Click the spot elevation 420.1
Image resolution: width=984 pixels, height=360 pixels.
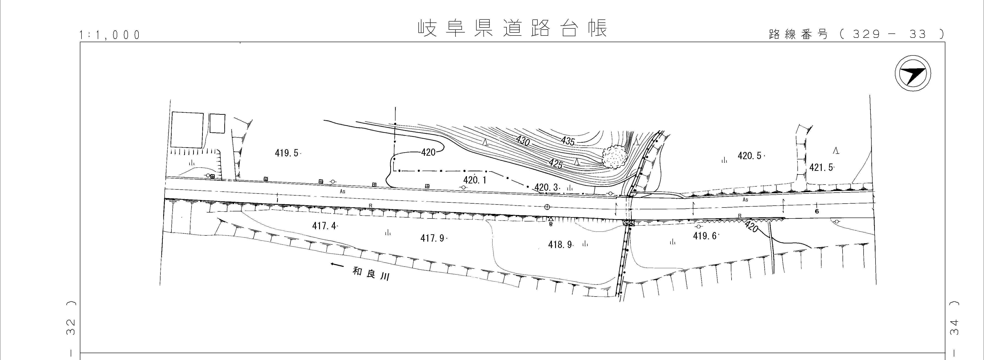(x=475, y=180)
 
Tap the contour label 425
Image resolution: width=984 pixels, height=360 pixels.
(x=556, y=164)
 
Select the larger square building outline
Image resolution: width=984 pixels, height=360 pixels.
(x=187, y=130)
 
